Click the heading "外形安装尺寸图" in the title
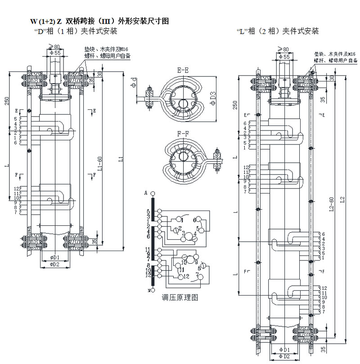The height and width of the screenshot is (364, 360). click(x=143, y=21)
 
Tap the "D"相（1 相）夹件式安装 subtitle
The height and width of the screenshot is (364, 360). click(x=76, y=31)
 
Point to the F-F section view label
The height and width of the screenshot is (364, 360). click(x=182, y=133)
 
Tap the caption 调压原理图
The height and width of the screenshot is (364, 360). click(x=180, y=298)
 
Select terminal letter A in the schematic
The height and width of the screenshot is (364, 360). click(x=146, y=193)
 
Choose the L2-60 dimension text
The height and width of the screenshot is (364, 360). click(x=332, y=205)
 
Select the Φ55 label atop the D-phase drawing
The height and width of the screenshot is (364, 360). click(x=54, y=53)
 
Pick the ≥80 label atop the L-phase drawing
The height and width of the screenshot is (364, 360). click(x=283, y=49)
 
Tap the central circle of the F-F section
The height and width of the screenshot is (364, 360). click(x=183, y=161)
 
